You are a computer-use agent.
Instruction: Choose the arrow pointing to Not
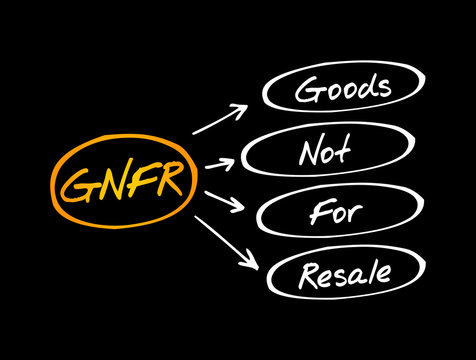click(x=222, y=162)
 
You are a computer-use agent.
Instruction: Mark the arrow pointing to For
click(x=222, y=204)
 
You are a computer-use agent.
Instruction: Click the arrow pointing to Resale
click(x=224, y=242)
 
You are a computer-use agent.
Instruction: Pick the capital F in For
click(x=311, y=212)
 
